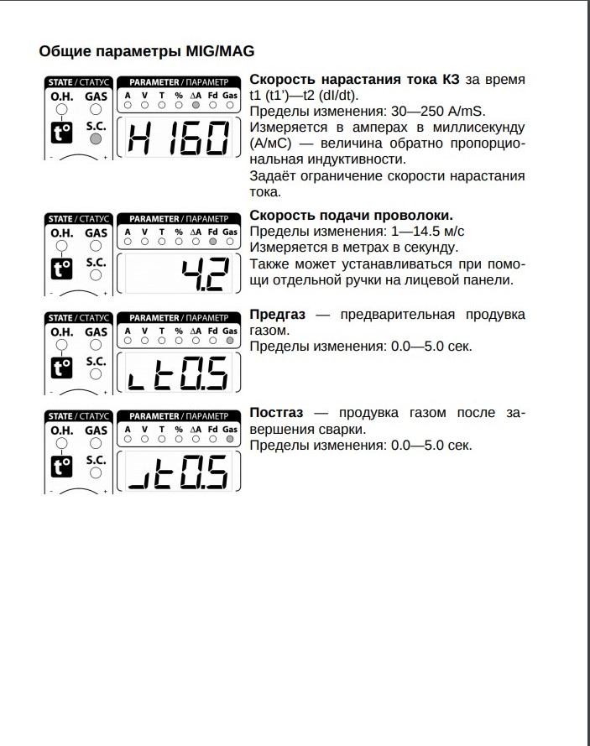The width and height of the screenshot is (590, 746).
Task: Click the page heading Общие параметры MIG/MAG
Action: [147, 51]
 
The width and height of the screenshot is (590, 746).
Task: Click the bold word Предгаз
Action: [276, 315]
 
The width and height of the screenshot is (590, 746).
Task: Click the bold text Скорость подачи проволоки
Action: [352, 215]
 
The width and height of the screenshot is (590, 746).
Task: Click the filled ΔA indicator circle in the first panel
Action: [196, 106]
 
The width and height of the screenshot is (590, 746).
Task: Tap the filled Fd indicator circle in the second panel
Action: [212, 241]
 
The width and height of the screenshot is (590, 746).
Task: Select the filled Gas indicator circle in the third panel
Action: [230, 341]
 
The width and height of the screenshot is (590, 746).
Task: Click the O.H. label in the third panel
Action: [62, 332]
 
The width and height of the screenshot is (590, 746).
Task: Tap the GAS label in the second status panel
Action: [96, 232]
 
